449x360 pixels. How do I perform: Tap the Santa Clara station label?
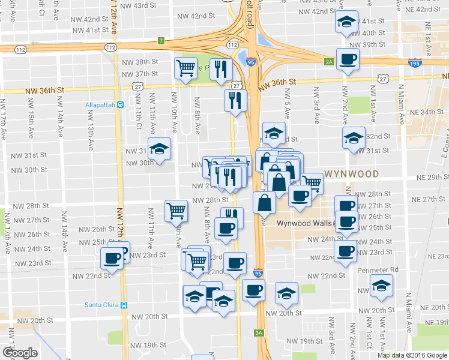101,304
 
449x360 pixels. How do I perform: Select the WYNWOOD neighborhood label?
352,174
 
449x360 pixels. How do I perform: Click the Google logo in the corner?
19,353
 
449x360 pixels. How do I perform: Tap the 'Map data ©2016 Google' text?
412,355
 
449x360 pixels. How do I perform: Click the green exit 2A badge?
328,61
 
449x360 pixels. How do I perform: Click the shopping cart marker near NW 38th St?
186,68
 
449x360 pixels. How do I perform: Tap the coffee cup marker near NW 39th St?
348,59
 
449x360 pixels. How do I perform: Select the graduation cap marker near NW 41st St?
346,22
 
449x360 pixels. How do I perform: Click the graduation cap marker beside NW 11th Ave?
160,148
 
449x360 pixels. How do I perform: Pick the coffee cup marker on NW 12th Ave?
112,257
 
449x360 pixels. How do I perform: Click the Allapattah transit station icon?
121,105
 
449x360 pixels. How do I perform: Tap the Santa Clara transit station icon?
124,304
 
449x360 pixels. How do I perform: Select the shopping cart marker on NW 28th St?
176,210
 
